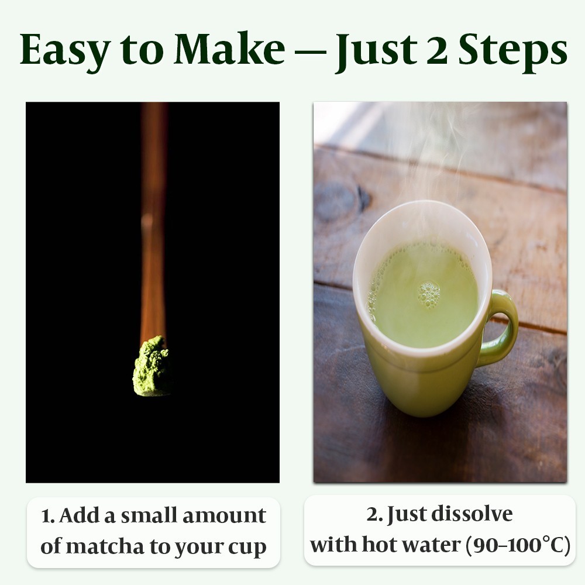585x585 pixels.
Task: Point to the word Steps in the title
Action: [512, 51]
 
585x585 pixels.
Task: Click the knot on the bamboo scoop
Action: [148, 222]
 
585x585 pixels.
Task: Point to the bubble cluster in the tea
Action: [429, 294]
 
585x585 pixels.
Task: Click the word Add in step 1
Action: [80, 515]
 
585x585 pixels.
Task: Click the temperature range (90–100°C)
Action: [518, 545]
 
